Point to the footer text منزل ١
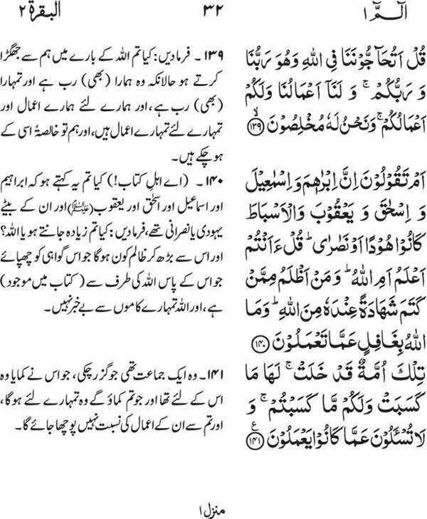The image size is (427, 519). coord(212,508)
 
